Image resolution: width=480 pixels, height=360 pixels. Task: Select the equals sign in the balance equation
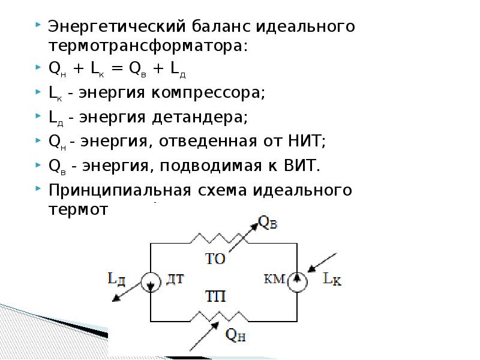pos(116,69)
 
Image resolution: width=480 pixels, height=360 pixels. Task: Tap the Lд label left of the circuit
pos(116,278)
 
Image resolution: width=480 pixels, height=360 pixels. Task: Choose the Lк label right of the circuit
pos(332,279)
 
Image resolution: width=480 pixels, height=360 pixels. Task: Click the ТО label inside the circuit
pos(215,259)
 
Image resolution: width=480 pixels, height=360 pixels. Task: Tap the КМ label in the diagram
pos(274,278)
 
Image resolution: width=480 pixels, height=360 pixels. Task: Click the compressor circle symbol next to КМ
pos(297,280)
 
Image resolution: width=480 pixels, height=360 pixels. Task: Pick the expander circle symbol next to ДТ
pos(150,281)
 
